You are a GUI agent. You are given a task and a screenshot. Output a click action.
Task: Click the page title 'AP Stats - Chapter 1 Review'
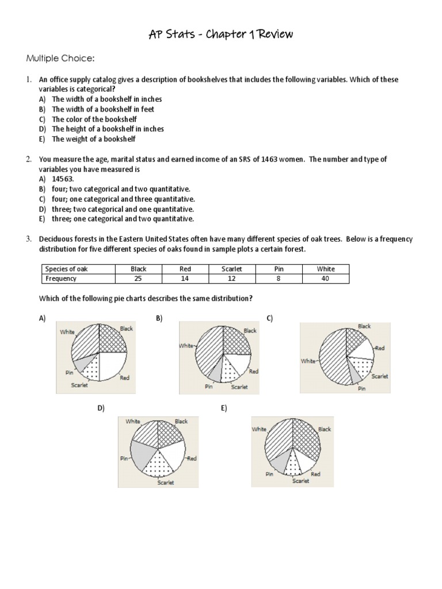(220, 35)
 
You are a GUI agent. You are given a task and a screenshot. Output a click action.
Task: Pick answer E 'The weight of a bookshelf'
(94, 139)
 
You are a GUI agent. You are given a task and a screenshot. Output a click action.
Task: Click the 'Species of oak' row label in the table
(67, 269)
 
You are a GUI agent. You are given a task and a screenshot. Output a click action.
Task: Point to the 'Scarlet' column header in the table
(232, 269)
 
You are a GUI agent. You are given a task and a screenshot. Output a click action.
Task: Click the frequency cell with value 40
(325, 278)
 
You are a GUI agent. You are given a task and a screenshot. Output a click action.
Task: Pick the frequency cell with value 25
(138, 278)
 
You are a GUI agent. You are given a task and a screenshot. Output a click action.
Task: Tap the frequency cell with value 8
(279, 278)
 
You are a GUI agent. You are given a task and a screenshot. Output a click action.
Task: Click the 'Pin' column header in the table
(279, 269)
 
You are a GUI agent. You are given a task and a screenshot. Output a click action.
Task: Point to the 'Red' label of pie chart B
(253, 372)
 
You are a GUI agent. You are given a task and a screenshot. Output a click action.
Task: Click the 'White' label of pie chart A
(66, 332)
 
